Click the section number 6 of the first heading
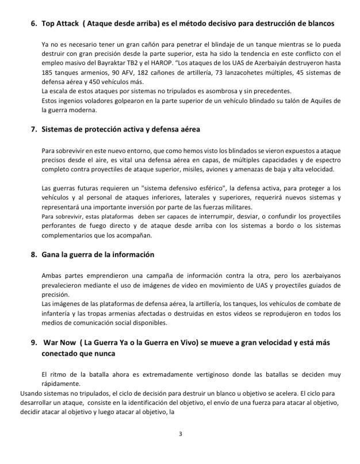tap(33, 23)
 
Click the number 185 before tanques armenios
tap(48, 73)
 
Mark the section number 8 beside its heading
tap(33, 254)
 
